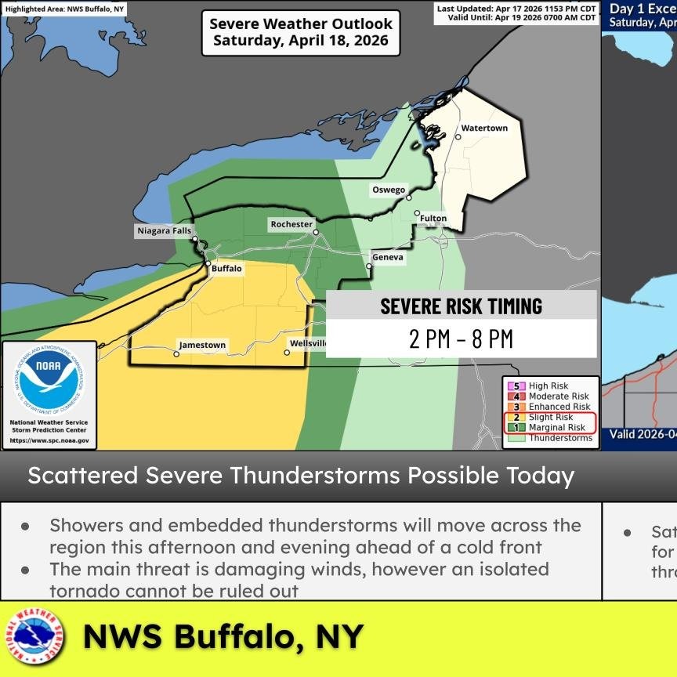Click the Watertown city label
pos(484,128)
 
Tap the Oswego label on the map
pos(389,190)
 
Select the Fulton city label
pos(433,218)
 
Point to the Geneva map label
pos(388,257)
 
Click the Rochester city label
pos(291,224)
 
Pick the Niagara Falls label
pos(163,231)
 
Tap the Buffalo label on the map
pos(227,268)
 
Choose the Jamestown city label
pos(202,345)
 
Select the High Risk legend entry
pos(548,386)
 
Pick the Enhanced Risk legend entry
pos(559,407)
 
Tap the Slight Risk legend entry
pos(551,418)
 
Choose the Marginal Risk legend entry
pos(556,428)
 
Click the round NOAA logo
pos(49,379)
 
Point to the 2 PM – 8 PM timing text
pos(461,339)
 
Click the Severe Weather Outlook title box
pos(301,32)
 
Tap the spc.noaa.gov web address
pos(49,441)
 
